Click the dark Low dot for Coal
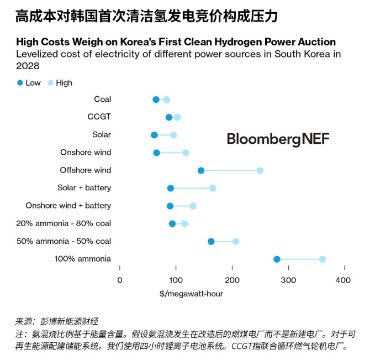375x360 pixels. tap(156, 100)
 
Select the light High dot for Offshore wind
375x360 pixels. tap(260, 170)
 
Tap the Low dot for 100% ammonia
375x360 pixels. tap(277, 259)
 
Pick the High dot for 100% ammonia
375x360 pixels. tap(323, 259)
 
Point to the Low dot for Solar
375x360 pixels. tap(154, 135)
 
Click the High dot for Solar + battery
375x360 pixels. tap(213, 189)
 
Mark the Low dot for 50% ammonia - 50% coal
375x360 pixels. tap(211, 242)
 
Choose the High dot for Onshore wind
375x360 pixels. tap(186, 153)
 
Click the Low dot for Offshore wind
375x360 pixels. tap(200, 170)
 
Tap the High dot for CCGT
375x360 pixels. tap(177, 117)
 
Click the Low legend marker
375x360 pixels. tap(20, 83)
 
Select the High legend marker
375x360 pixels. tap(51, 83)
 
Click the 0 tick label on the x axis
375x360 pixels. tap(120, 280)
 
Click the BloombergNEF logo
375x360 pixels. tap(278, 139)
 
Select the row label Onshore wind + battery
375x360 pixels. tap(68, 206)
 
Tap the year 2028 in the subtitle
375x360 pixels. tap(28, 66)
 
